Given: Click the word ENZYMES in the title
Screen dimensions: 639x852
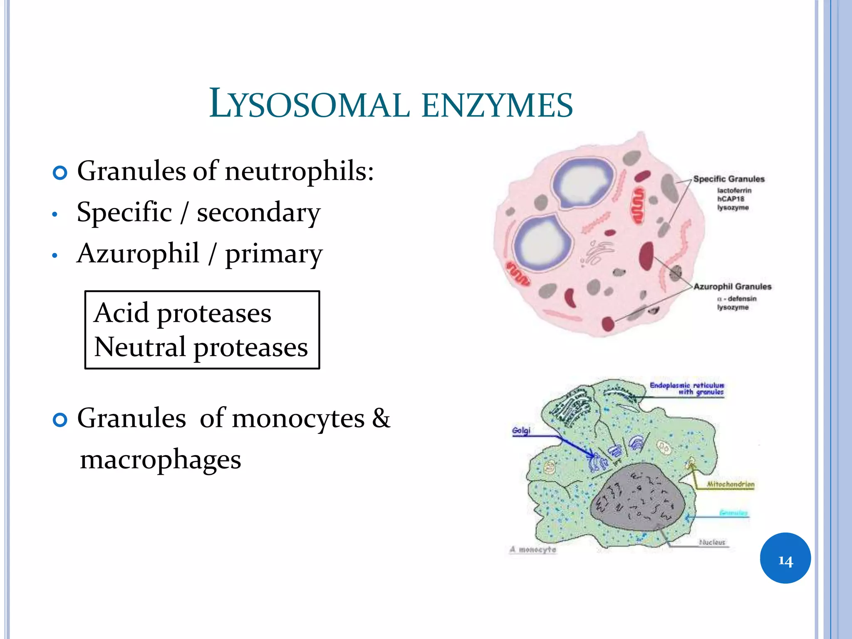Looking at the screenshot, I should click(x=497, y=105).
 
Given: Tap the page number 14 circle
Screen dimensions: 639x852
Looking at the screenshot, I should click(x=785, y=558).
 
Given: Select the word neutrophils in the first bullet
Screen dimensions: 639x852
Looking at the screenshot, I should click(x=299, y=171).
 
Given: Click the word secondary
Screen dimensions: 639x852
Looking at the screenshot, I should click(x=258, y=213).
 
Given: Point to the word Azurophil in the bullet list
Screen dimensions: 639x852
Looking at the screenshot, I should click(x=138, y=253).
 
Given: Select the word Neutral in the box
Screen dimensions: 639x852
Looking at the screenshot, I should click(x=140, y=347).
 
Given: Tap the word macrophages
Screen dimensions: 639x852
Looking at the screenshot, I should click(x=161, y=460).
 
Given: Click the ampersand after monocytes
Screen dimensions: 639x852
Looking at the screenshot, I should click(x=381, y=418).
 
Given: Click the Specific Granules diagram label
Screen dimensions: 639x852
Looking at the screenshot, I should click(x=729, y=179).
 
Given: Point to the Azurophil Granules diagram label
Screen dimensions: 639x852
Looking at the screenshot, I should click(x=732, y=287).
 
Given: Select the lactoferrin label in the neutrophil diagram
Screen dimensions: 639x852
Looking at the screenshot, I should click(x=734, y=191).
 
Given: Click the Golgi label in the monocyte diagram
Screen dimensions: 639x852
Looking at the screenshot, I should click(x=521, y=431).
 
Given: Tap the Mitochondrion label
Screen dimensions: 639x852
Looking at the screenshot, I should click(x=731, y=485).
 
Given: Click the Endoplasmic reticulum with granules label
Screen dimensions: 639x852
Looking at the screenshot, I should click(x=687, y=389).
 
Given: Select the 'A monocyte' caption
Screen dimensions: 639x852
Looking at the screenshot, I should click(x=533, y=550).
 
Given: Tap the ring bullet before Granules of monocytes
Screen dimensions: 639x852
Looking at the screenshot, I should click(x=60, y=420).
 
